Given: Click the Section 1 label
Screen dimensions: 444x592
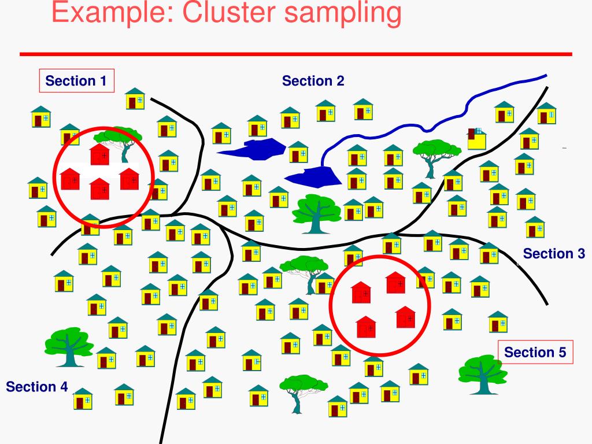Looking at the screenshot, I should point(76,81).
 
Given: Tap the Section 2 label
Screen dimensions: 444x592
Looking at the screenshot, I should point(313,81).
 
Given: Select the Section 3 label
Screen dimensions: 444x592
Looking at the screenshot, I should point(554,253).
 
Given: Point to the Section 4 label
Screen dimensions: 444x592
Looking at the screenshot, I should point(37,387).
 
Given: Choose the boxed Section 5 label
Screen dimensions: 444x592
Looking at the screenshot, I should point(535,352).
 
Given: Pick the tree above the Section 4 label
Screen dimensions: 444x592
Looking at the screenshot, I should point(68,346).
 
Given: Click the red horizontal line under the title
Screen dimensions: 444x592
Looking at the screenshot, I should point(295,54).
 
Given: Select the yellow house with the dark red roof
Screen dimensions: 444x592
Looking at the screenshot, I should point(477,138).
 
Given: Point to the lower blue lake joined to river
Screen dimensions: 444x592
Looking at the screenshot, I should point(313,175).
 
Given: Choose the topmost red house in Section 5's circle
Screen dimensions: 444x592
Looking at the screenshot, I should point(396,282).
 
